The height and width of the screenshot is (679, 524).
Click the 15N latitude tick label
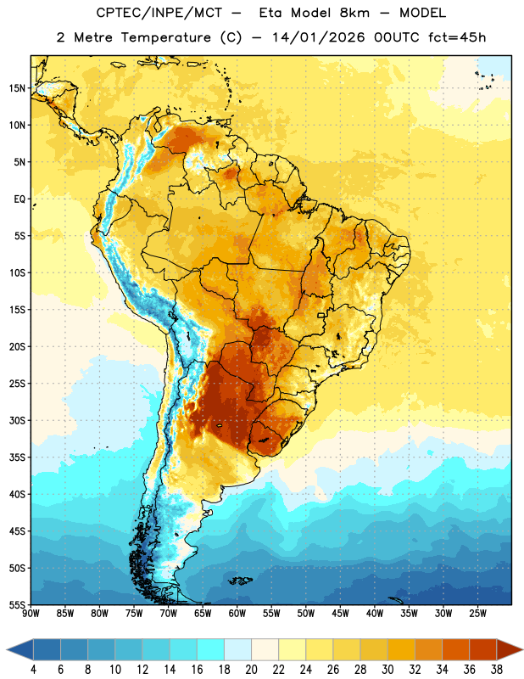click(17, 88)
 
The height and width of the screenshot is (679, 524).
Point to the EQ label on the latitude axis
click(20, 199)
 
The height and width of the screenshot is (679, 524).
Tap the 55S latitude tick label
click(17, 604)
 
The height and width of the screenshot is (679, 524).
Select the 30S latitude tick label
click(17, 420)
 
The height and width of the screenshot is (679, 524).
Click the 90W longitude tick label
click(31, 614)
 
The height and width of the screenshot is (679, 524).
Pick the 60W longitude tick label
click(237, 614)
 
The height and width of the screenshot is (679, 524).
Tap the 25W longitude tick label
click(477, 614)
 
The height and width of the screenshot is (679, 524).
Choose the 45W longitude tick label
click(340, 614)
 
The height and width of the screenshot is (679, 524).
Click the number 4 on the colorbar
click(33, 670)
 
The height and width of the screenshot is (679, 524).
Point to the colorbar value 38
click(497, 670)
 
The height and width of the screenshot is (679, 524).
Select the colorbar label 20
click(251, 670)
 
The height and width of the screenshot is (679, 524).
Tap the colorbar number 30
click(387, 670)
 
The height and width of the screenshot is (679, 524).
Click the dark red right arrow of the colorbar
click(509, 649)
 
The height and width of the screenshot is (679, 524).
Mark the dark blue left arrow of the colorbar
click(20, 649)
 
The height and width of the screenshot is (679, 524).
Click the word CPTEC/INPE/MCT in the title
click(159, 13)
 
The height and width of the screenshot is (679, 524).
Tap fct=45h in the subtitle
click(457, 37)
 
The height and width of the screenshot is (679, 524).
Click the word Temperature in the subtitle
click(166, 37)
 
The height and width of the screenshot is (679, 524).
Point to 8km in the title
click(354, 13)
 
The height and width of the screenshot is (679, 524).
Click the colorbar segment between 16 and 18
click(211, 649)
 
